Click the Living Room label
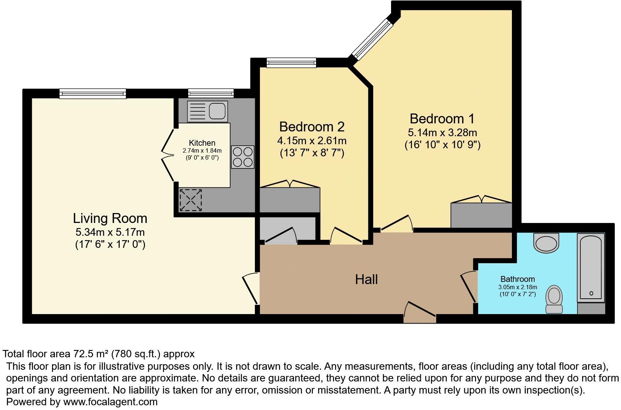(x=110, y=218)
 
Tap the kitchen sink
(x=207, y=111)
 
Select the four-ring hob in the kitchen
(x=242, y=157)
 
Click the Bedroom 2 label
(x=312, y=127)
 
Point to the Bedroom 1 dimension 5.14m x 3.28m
(x=442, y=133)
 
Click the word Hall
(x=366, y=280)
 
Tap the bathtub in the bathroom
(x=590, y=268)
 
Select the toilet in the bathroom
(x=554, y=299)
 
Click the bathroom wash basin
(x=546, y=243)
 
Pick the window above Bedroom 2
(x=291, y=63)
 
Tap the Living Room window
(x=93, y=94)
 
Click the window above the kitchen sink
(x=211, y=94)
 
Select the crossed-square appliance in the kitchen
(x=190, y=200)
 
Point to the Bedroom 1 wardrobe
(x=481, y=215)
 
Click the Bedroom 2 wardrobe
(x=290, y=200)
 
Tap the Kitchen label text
(x=202, y=143)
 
